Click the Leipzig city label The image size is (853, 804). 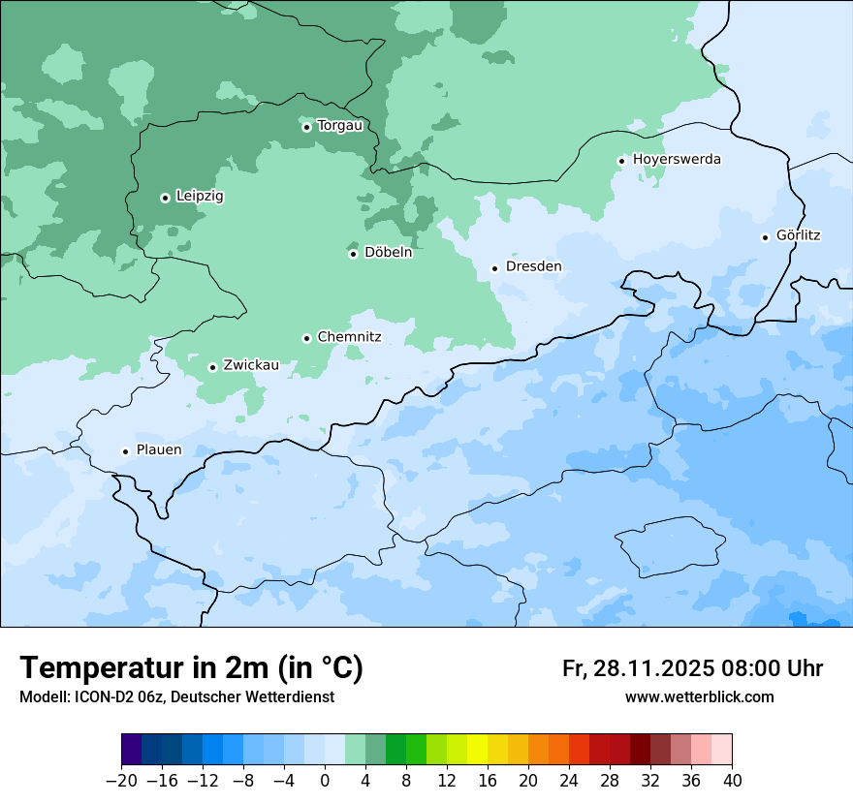coord(200,196)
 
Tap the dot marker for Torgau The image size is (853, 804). coord(306,127)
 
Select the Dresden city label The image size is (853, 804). coord(533,266)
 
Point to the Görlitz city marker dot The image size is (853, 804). coord(766,237)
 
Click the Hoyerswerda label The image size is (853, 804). coord(677,159)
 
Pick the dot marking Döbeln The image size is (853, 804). coord(353,254)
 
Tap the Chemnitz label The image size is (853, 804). coord(349,337)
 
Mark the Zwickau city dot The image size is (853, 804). coord(212,367)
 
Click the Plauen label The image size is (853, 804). coord(159,449)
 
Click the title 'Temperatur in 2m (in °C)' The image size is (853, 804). coord(191,667)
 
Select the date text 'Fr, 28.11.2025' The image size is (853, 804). coord(638,668)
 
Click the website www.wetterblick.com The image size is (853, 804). coord(699,696)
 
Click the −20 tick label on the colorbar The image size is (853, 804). coord(121,780)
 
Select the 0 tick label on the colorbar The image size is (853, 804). coord(325,780)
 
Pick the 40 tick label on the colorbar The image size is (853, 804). coord(732,780)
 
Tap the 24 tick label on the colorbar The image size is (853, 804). coord(569,780)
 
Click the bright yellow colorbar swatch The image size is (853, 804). coord(477,750)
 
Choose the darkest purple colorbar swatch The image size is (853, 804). coord(131,750)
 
